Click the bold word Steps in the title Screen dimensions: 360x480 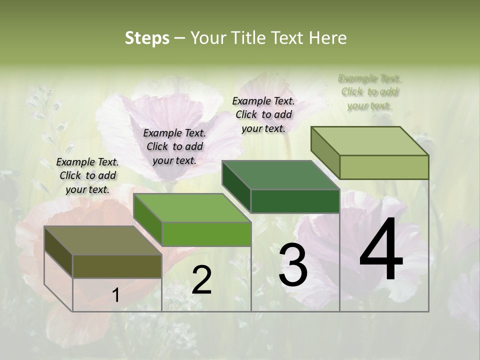coord(146,38)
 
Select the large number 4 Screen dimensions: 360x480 coord(381,250)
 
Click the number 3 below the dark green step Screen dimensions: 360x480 coord(293,265)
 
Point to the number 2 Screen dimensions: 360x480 coord(201,280)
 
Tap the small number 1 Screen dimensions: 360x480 coord(116,295)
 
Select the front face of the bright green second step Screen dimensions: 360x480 coord(206,233)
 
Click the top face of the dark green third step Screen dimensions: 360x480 coord(280,175)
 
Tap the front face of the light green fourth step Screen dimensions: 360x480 coord(384,167)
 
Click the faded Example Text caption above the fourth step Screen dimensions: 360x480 coord(369,92)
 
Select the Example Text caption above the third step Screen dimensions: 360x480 coord(263,114)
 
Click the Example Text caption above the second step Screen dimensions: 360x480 coord(174,146)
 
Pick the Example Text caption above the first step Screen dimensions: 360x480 coord(87,175)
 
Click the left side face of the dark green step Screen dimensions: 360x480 coord(236,186)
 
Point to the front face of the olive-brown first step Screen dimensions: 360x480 coord(117,266)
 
